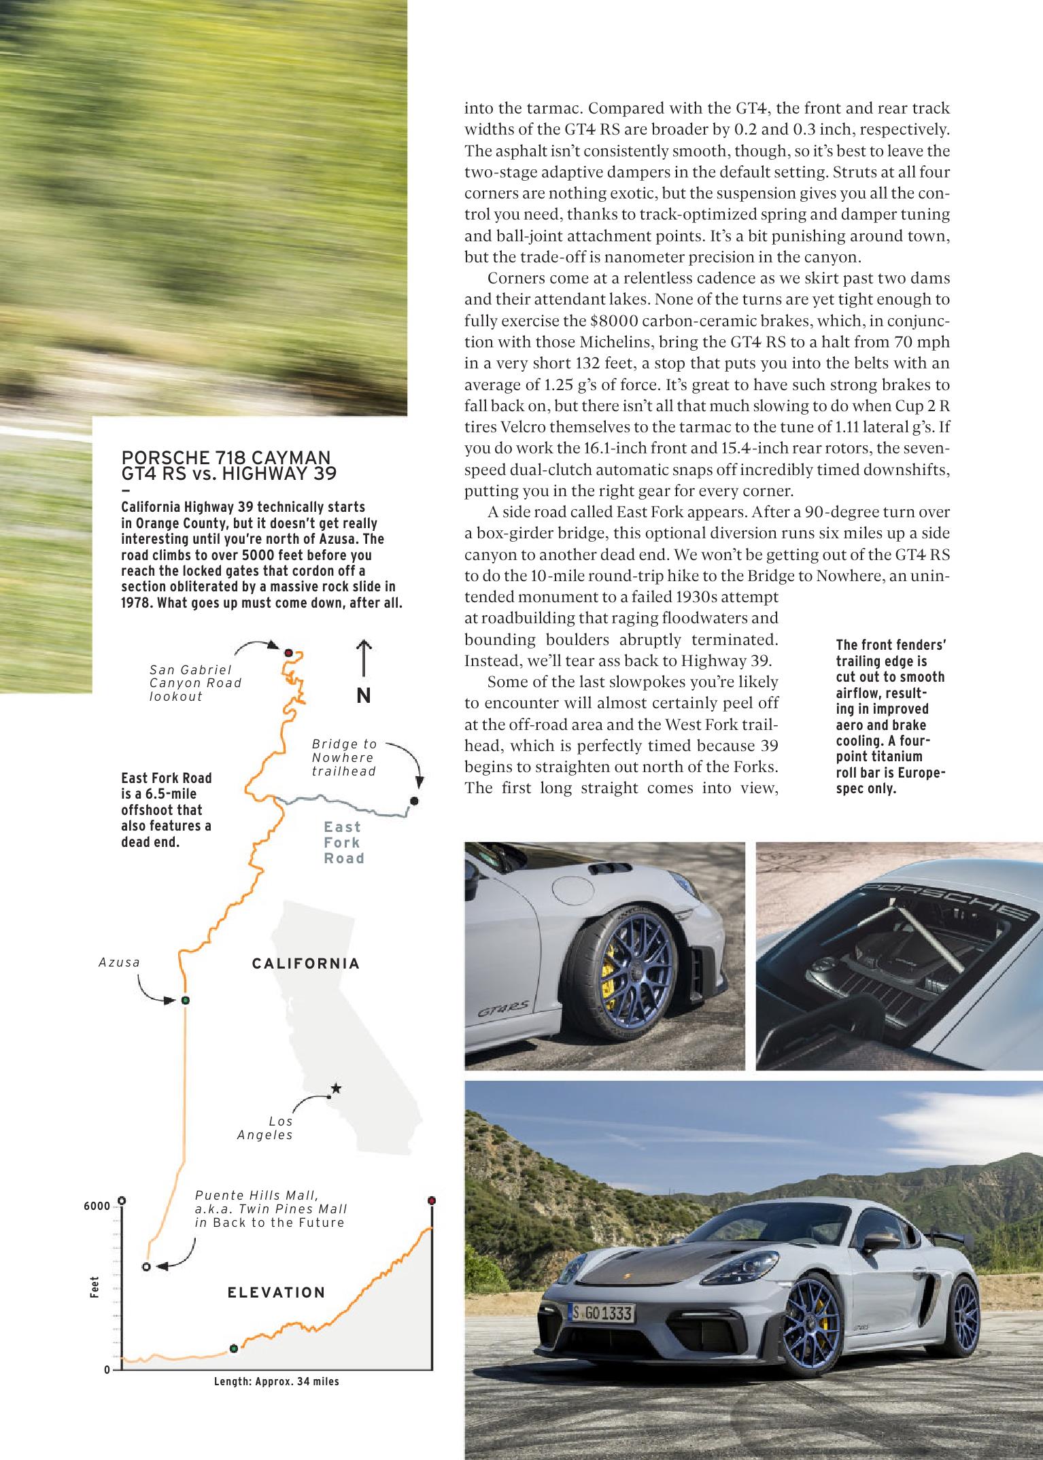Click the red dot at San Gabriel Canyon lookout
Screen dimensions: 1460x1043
[x=288, y=653]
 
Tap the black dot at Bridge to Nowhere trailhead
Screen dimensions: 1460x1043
[x=414, y=801]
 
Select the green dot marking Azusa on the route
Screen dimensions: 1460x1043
[x=185, y=1000]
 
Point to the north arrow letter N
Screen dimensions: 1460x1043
[x=364, y=696]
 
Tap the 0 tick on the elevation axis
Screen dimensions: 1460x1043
[x=107, y=1369]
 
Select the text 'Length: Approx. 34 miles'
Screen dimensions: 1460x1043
[x=276, y=1381]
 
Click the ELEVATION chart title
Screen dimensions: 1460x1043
[x=276, y=1292]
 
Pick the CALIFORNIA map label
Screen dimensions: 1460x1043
[x=305, y=963]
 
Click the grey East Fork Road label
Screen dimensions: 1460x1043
[x=343, y=843]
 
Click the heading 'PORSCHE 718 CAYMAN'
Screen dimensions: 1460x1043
[x=225, y=456]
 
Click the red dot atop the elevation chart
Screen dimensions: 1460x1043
[x=431, y=1200]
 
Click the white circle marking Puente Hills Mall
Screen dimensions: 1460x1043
[x=146, y=1266]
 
